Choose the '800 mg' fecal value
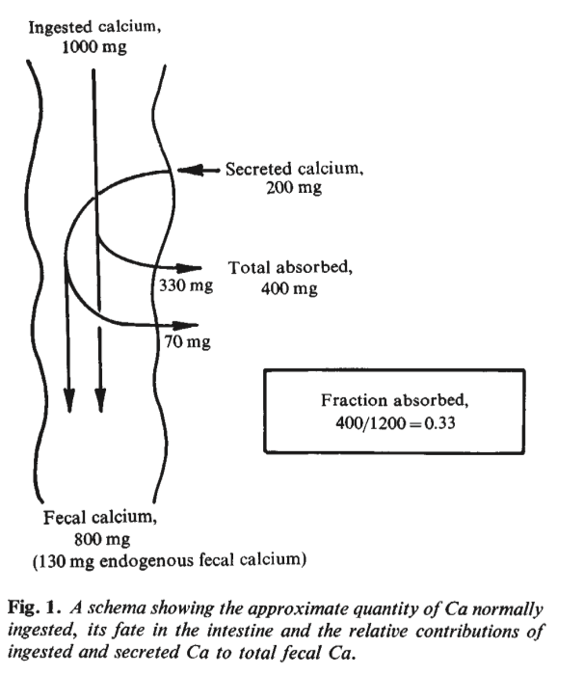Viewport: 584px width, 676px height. click(96, 539)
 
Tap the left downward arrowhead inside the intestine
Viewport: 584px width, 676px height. click(68, 396)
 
